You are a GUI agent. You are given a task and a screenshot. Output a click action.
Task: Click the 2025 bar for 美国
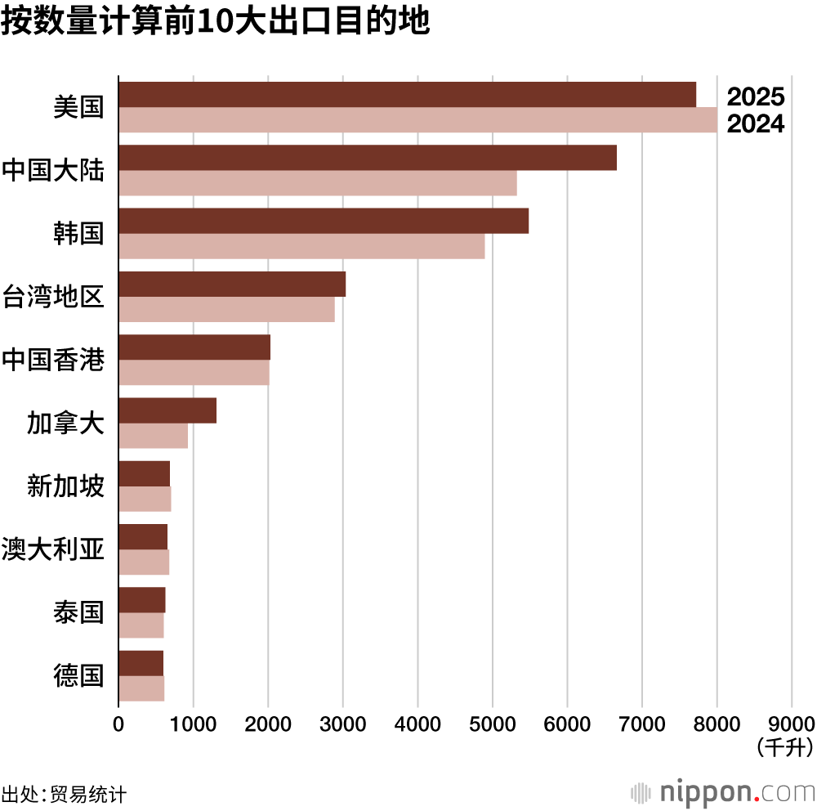(407, 95)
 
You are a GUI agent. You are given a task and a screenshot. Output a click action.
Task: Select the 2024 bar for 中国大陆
(317, 183)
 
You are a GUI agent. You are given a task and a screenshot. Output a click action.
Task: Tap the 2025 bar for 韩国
(324, 221)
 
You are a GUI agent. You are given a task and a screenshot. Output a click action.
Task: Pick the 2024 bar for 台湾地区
(226, 309)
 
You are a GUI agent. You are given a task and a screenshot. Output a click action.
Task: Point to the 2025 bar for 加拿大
(167, 410)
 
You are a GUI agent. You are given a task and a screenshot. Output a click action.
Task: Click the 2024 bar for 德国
(141, 688)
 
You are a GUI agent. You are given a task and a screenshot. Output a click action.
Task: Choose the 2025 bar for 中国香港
(194, 347)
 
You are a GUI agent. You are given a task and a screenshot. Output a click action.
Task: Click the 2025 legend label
(756, 97)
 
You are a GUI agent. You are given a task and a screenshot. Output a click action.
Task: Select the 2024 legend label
(756, 124)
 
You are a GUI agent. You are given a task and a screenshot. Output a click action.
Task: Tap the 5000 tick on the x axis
(493, 724)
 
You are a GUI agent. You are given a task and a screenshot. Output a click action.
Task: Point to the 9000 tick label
(792, 724)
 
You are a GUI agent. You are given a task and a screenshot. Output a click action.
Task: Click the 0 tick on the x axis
(118, 724)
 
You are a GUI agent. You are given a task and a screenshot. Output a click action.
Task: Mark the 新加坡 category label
(66, 486)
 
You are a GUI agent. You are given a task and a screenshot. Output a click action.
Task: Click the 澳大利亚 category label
(54, 549)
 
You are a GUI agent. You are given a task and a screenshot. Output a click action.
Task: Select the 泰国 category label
(79, 612)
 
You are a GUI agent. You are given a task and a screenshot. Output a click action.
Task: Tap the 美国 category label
(79, 107)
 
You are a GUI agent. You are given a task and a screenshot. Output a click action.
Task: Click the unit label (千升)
(785, 747)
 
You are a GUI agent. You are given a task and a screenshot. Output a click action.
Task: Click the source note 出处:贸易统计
(65, 794)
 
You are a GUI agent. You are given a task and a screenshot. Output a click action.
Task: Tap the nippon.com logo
(723, 792)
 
